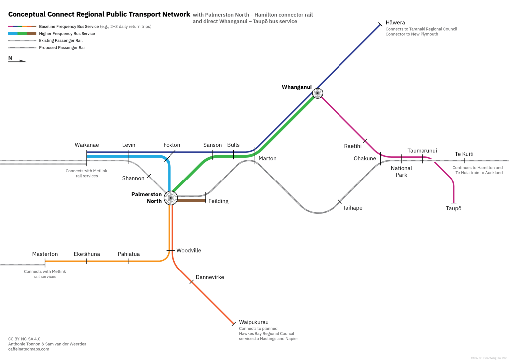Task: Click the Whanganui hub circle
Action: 317,93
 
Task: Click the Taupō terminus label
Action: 453,208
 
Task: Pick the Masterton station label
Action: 45,254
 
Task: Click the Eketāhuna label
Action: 86,254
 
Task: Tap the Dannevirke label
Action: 210,277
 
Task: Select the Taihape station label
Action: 352,208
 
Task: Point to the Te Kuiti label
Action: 464,154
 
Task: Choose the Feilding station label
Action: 218,201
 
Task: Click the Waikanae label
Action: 86,145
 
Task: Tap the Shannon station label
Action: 133,178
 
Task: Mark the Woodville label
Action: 189,250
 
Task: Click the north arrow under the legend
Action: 18,60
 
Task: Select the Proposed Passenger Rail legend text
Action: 62,48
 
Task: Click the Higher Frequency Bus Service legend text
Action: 67,33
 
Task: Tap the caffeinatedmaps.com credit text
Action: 29,349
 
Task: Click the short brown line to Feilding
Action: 191,201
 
